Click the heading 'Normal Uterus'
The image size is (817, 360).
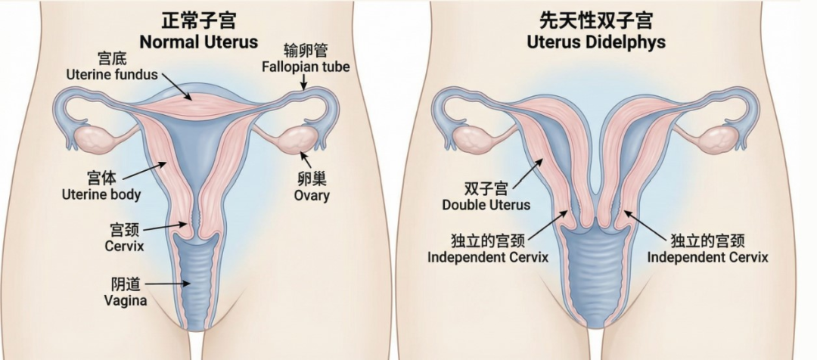point(199,42)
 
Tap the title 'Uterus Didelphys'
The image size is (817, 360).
point(596,42)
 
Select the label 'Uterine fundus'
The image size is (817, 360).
point(111,74)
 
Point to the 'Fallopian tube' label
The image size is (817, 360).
point(306,67)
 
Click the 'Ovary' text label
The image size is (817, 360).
point(312,196)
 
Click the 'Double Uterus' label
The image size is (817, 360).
point(486,204)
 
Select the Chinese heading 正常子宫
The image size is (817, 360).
point(199,20)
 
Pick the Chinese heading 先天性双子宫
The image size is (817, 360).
point(596,20)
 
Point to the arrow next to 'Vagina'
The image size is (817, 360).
point(163,284)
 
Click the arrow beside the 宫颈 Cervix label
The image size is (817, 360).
point(165,227)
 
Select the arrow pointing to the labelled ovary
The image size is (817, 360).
point(303,159)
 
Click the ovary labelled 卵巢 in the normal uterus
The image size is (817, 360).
point(292,141)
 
